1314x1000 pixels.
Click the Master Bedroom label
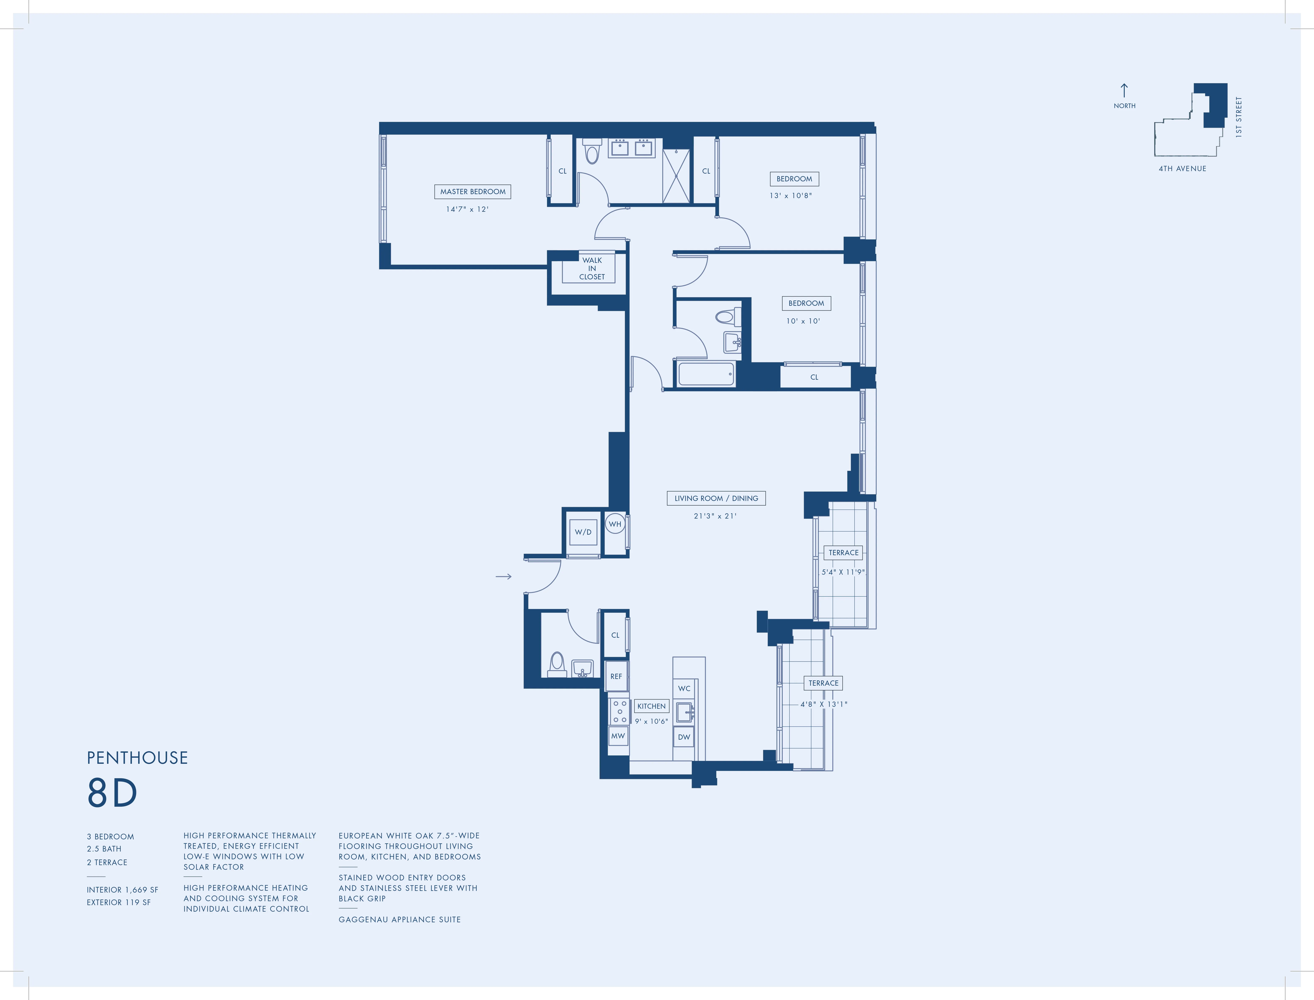coord(472,192)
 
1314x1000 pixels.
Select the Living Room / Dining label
coord(716,498)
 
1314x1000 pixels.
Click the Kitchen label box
coord(652,706)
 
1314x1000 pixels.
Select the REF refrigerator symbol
coord(616,676)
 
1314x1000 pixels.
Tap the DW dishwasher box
coord(684,737)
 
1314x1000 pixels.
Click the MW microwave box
coord(618,736)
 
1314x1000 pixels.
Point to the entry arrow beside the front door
coord(503,576)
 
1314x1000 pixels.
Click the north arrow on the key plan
coord(1124,90)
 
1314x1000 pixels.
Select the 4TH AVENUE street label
coord(1182,168)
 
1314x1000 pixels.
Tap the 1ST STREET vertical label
coord(1238,117)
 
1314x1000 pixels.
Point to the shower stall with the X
coord(676,176)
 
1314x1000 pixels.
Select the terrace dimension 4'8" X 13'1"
coord(824,704)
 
